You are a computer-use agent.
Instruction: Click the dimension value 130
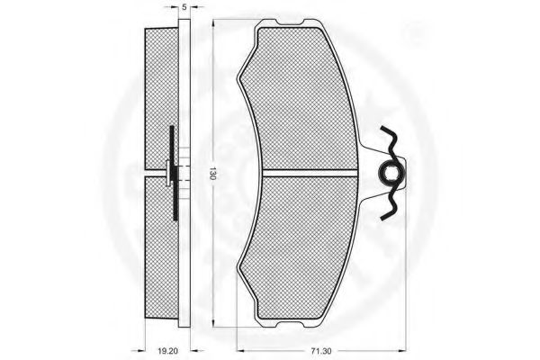point(213,174)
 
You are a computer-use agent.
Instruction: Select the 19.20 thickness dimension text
point(167,352)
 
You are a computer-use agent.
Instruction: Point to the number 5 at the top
point(184,7)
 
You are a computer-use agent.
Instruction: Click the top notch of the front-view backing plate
point(290,22)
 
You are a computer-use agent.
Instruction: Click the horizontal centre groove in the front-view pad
point(310,174)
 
